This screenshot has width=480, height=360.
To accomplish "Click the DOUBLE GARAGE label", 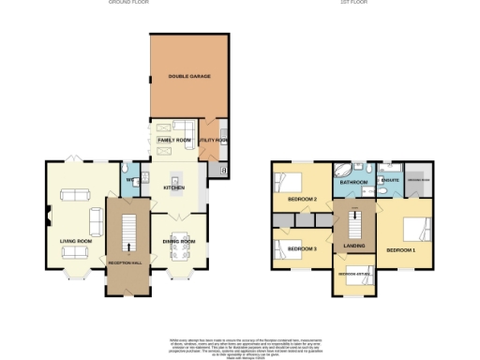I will click(187, 75).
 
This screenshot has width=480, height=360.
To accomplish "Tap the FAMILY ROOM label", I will click(174, 140).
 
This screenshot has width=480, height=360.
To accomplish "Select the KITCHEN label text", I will click(175, 187).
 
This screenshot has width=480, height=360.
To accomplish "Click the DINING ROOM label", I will click(178, 241).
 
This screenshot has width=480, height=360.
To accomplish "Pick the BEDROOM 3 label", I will click(300, 248).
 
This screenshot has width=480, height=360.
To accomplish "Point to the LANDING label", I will click(354, 247).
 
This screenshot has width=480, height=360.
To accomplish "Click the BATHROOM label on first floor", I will click(353, 183).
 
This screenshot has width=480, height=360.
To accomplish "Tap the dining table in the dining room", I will click(177, 225).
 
